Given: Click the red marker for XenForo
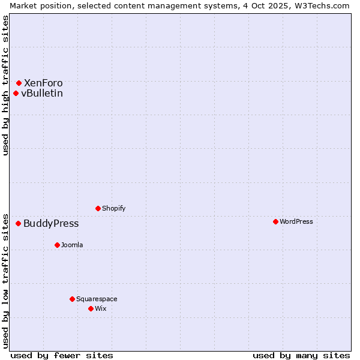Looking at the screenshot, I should point(19,83).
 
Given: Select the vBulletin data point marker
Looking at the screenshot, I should point(16,93).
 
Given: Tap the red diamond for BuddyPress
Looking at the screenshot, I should point(18,223).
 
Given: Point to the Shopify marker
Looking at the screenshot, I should point(98,208).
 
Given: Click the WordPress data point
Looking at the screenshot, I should point(275,221).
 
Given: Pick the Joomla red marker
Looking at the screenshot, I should point(57,245).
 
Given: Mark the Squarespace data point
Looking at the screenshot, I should point(72,299).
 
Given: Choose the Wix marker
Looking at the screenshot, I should point(91,308).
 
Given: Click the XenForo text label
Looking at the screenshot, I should point(43,83).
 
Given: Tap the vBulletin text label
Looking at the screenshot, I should point(42,93).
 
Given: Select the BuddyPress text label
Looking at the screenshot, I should point(51,223).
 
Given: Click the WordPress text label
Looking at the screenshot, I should point(296,221).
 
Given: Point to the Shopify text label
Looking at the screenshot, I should point(114,208).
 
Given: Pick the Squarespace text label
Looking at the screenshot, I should point(97,299).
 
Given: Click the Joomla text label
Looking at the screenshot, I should point(72,245).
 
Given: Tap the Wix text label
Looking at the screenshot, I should point(101,308).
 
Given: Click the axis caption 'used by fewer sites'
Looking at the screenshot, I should point(62,355).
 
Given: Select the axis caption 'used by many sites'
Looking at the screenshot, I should point(301,355).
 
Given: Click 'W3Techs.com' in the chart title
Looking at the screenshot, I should point(324,5).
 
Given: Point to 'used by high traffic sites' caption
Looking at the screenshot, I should point(5,86).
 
